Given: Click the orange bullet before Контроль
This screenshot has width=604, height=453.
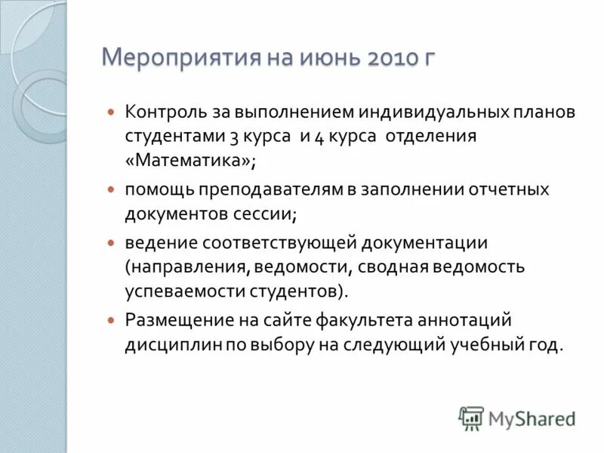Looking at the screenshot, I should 111,111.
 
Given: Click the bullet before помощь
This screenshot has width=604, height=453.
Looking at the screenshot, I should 111,188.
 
